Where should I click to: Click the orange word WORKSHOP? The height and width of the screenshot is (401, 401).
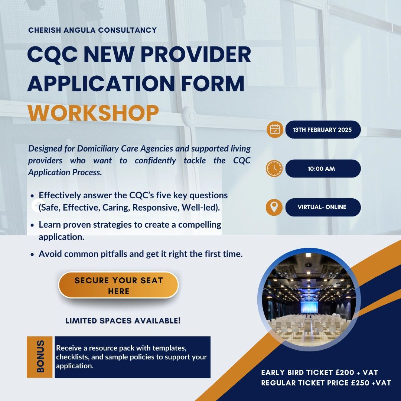93,113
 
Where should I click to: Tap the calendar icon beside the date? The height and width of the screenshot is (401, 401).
275,130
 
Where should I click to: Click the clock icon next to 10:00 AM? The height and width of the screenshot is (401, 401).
275,169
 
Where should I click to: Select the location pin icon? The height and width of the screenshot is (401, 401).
275,207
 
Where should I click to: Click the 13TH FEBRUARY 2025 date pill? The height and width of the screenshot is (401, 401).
323,130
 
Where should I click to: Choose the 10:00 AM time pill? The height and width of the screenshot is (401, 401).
323,169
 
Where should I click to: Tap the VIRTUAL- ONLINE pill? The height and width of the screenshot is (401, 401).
323,207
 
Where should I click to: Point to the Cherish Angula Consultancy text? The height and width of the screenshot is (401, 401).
92,30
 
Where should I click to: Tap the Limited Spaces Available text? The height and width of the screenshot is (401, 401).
123,320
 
